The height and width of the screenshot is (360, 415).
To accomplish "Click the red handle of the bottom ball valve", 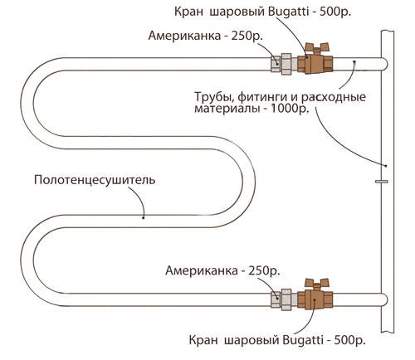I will pos(316,282).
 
